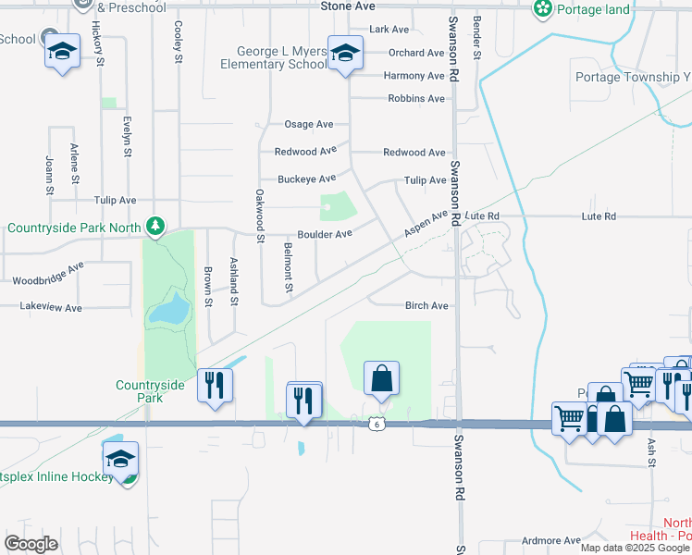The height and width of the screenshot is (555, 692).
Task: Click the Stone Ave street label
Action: [x=347, y=6]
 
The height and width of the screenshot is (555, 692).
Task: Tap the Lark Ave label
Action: [x=389, y=30]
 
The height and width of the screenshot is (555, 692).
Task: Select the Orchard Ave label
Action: [x=416, y=53]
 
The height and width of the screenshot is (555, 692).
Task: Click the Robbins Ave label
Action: [x=416, y=98]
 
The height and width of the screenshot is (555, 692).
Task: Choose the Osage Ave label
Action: [x=308, y=124]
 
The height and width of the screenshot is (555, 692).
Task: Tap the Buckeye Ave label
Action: [x=306, y=179]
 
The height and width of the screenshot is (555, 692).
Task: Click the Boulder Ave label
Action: [x=324, y=234]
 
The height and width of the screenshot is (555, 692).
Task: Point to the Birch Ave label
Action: [x=426, y=306]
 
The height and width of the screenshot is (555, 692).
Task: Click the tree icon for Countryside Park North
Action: [x=156, y=226]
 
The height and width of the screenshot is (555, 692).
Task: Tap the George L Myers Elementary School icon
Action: [x=345, y=55]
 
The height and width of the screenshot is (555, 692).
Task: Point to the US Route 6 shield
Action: [x=376, y=423]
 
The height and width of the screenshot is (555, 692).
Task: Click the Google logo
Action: [x=31, y=544]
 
